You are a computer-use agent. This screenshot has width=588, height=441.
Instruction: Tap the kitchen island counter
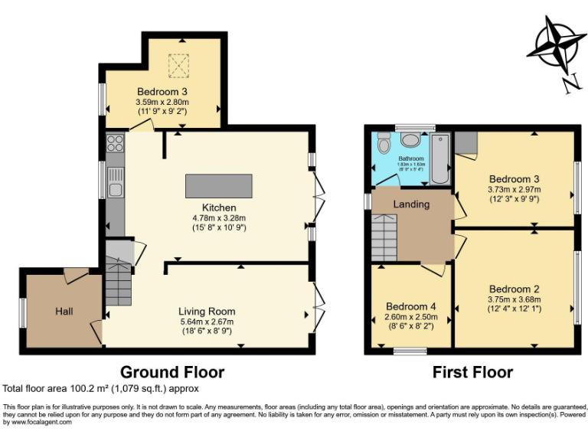click(x=218, y=186)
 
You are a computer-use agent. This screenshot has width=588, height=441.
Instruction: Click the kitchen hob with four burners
click(x=115, y=143)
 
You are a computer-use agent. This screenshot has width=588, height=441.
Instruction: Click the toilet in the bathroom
click(x=384, y=143)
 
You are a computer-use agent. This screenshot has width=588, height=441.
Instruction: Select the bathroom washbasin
click(x=411, y=139)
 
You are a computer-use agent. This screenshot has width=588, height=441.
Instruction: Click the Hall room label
click(x=64, y=312)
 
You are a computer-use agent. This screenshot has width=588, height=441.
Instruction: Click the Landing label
click(x=411, y=204)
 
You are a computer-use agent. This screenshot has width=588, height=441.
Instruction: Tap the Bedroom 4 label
click(x=411, y=306)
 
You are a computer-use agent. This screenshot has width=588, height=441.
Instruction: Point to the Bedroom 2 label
click(x=514, y=289)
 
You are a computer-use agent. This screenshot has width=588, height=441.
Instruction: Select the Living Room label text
click(x=207, y=312)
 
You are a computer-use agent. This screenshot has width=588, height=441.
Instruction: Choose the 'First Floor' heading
click(x=472, y=372)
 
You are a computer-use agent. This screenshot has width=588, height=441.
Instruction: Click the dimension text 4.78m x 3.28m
click(x=219, y=217)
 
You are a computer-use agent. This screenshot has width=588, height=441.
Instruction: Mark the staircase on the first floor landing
click(x=386, y=237)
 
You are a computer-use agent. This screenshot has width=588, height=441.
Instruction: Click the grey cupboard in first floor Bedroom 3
click(x=466, y=142)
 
